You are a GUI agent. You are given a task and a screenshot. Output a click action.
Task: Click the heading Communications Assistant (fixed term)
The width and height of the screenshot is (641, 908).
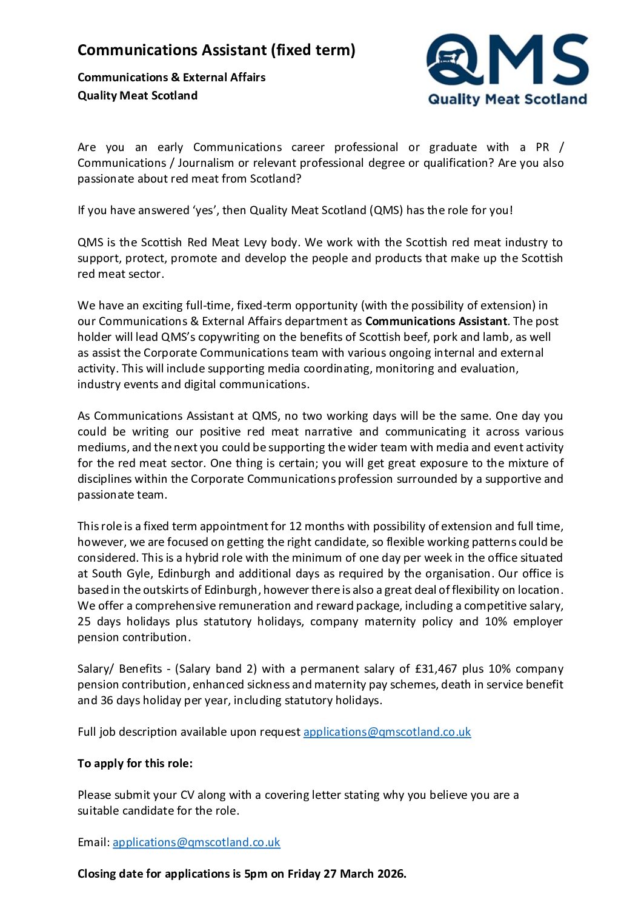(x=216, y=50)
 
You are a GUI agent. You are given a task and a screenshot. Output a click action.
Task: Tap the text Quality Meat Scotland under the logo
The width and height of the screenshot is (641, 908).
(x=508, y=99)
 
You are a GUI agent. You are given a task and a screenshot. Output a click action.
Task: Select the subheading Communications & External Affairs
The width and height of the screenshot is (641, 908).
(x=171, y=77)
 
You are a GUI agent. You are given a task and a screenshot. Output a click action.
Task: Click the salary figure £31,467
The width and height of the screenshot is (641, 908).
(x=436, y=668)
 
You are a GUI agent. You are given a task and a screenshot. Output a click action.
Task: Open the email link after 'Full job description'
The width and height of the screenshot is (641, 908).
(x=387, y=731)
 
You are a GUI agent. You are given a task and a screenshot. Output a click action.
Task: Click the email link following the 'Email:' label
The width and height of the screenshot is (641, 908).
(x=196, y=842)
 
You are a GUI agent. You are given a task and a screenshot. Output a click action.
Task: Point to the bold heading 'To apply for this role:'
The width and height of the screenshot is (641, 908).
(x=135, y=763)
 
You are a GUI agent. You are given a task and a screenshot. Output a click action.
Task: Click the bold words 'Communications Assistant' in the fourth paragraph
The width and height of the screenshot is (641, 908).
(x=436, y=321)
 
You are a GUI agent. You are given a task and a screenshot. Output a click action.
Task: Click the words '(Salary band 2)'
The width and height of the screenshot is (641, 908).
(x=216, y=668)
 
